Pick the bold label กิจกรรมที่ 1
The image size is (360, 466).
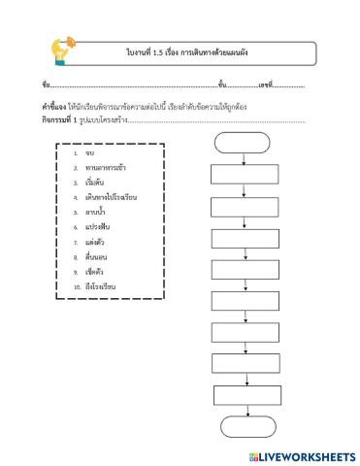click(x=60, y=119)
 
